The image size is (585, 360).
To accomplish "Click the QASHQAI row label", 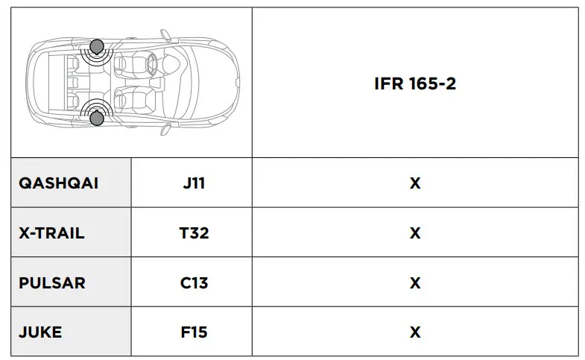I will point(58,183).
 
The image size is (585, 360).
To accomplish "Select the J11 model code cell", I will point(194,183).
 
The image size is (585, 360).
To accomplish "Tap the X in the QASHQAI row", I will point(415,183).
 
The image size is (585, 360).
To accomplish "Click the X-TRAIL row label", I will point(51,233).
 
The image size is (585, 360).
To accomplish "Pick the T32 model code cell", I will point(194,233).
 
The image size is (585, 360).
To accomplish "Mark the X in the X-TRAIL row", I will point(415,233).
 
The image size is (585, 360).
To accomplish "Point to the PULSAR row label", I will point(51,283).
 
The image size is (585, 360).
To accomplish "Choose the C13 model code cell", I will point(194,283).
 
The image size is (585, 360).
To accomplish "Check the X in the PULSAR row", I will point(415,283).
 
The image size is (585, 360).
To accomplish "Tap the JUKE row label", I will point(40,332).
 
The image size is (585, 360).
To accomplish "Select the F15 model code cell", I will point(194,332).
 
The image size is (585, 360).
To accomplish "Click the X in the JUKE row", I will point(415,332).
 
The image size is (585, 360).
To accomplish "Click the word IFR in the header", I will point(389,83).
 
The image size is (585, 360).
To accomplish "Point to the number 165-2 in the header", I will point(431,83).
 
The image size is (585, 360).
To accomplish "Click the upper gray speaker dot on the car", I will point(97,48).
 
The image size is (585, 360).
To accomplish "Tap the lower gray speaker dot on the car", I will point(97,117).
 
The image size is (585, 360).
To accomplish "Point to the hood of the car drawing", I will point(212,82).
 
